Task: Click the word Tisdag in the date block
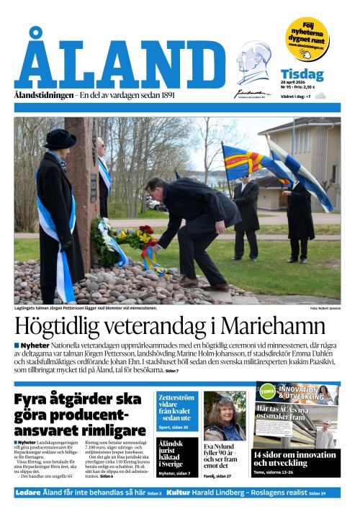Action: coord(302,74)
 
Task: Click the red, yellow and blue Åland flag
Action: coord(245,162)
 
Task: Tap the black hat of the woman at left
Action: coord(59,138)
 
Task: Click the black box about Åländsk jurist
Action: coord(176,456)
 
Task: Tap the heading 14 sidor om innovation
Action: coord(295,459)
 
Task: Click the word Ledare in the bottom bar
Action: coord(28,492)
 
